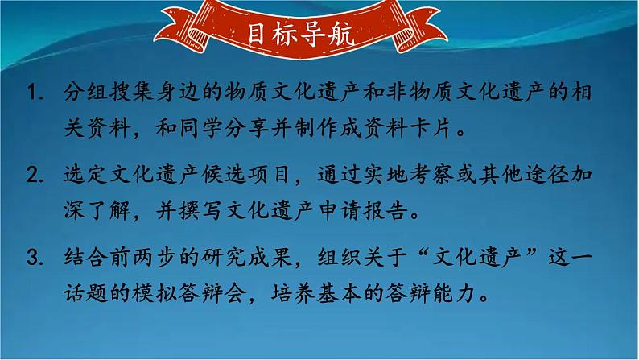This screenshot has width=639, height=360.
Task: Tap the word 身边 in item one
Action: coord(192,94)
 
